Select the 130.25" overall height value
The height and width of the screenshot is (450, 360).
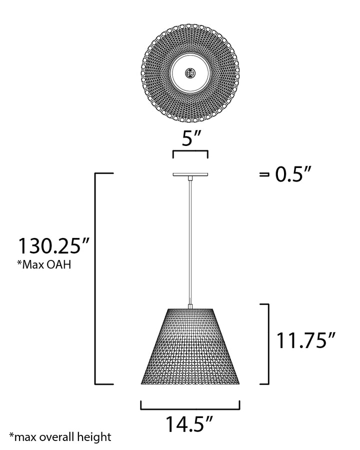(x=54, y=246)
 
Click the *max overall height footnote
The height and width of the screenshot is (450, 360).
(x=59, y=437)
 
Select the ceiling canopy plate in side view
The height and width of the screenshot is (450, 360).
(x=190, y=174)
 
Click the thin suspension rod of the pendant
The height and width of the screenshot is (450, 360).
(x=190, y=240)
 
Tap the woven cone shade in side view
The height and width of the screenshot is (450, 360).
(x=190, y=350)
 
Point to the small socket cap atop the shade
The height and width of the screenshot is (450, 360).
(x=190, y=305)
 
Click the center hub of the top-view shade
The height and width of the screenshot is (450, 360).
(x=190, y=73)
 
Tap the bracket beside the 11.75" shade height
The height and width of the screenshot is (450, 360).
(x=266, y=343)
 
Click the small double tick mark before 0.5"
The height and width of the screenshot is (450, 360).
(x=263, y=175)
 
